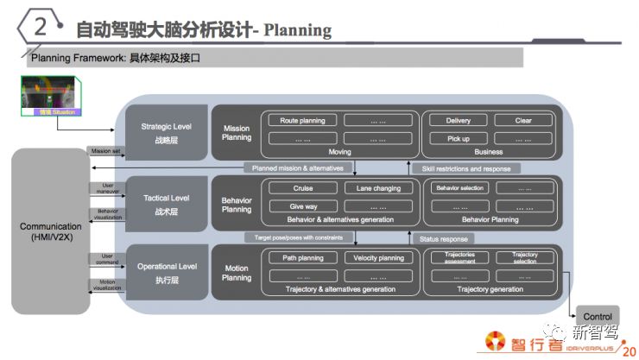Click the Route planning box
coord(303,121)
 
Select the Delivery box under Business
coord(458,121)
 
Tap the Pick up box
coord(458,138)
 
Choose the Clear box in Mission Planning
coord(523,121)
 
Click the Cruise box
coord(303,188)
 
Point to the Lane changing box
coord(378,188)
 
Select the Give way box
coord(303,205)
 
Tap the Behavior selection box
coord(459,188)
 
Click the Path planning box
coord(303,258)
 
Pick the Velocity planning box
coord(378,258)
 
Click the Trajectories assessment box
coord(459,257)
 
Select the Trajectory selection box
coord(524,257)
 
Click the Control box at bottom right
coord(597,317)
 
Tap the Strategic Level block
coord(166,132)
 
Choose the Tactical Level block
coord(166,203)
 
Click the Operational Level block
coord(166,273)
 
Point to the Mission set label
coord(105,150)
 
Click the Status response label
coord(443,238)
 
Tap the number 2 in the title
coord(39,28)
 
